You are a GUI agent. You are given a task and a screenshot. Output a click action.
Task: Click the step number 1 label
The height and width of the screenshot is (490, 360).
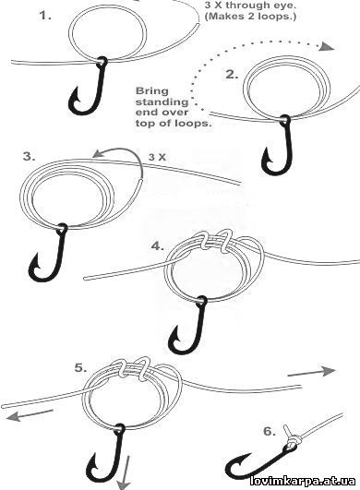[x=45, y=16]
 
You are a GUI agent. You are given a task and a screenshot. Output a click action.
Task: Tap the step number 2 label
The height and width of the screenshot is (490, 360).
[x=232, y=75]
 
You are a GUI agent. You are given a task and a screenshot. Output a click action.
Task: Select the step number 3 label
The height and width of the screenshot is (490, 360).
[x=29, y=157]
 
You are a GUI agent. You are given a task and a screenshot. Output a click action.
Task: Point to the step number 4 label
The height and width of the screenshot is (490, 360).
[x=158, y=246]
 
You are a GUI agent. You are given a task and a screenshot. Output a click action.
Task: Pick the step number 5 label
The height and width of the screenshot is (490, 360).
[x=80, y=368]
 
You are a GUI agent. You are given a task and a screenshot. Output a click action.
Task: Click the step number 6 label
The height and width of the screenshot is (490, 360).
[x=270, y=432]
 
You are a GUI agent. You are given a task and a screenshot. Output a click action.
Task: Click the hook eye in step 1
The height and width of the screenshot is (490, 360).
[x=102, y=61]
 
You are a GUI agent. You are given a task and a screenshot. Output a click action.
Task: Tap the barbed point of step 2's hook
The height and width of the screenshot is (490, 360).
[x=266, y=154]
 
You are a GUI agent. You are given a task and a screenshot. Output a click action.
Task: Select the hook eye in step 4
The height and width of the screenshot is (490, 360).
[x=201, y=301]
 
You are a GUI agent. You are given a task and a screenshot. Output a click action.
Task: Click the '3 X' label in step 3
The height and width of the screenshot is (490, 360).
[x=157, y=157]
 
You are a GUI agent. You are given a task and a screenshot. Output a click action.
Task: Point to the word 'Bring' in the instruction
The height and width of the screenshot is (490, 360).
[x=152, y=91]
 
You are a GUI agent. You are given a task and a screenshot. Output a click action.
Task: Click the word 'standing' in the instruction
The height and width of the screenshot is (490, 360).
[x=162, y=102]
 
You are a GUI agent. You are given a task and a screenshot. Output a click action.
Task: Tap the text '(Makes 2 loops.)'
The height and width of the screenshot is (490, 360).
[x=250, y=17]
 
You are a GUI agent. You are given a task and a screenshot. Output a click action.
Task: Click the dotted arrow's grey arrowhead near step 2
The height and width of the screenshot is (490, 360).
[x=327, y=47]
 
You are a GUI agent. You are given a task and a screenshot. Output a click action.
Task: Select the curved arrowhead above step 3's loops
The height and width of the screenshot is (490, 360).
[x=100, y=153]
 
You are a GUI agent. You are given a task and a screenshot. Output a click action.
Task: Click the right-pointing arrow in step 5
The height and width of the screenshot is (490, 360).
[x=312, y=372]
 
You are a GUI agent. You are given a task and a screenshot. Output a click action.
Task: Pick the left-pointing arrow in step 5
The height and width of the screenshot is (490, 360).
[x=30, y=415]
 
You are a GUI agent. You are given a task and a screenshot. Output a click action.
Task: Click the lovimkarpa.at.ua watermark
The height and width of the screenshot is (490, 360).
[x=303, y=481]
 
